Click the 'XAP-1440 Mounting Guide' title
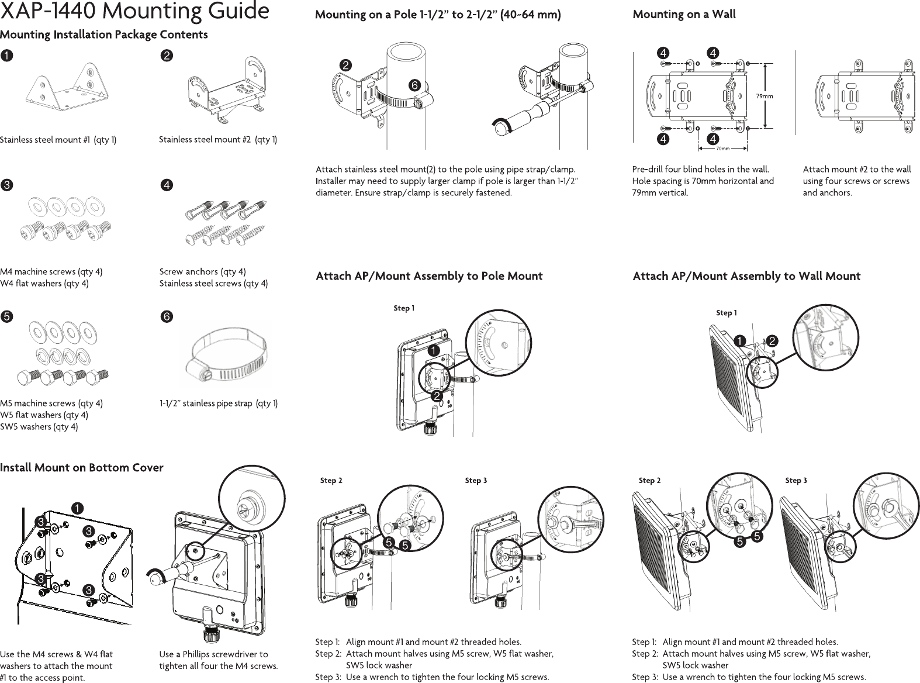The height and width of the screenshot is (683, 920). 135,12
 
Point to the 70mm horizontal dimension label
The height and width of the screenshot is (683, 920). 723,149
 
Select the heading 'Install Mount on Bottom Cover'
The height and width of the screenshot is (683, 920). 82,468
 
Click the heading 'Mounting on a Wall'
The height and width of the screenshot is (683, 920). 684,14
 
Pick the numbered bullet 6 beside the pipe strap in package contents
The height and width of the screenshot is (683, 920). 167,316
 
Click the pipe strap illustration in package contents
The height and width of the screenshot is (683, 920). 225,357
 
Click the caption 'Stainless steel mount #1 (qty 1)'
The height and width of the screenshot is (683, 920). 58,140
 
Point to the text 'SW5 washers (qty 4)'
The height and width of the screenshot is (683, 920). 39,426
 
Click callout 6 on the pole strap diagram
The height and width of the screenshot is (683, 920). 414,85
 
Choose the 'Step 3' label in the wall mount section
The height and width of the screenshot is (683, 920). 796,481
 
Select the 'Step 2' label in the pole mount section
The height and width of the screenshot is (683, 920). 331,481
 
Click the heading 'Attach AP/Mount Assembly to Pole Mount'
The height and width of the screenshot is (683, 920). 429,276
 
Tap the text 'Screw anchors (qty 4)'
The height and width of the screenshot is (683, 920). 203,271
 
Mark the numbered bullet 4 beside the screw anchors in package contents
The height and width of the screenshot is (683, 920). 167,185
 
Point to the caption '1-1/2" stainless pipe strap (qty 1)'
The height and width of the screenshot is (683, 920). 219,403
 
